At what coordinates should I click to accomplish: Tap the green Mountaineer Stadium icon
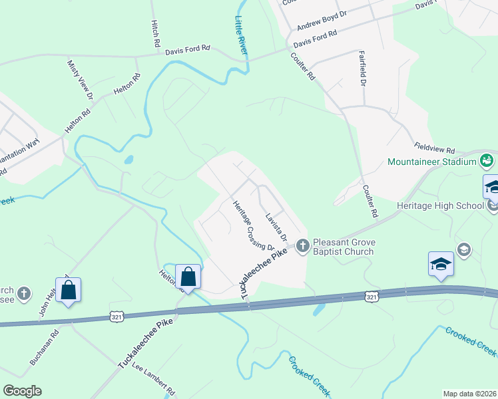click(x=487, y=161)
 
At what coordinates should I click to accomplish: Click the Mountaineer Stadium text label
click(x=432, y=162)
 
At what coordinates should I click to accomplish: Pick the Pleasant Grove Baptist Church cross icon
click(x=302, y=246)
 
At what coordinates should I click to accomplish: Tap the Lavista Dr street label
click(x=275, y=227)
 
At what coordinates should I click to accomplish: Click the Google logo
click(x=22, y=391)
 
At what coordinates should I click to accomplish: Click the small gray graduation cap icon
click(x=464, y=250)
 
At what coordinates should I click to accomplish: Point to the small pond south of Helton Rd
click(x=128, y=160)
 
